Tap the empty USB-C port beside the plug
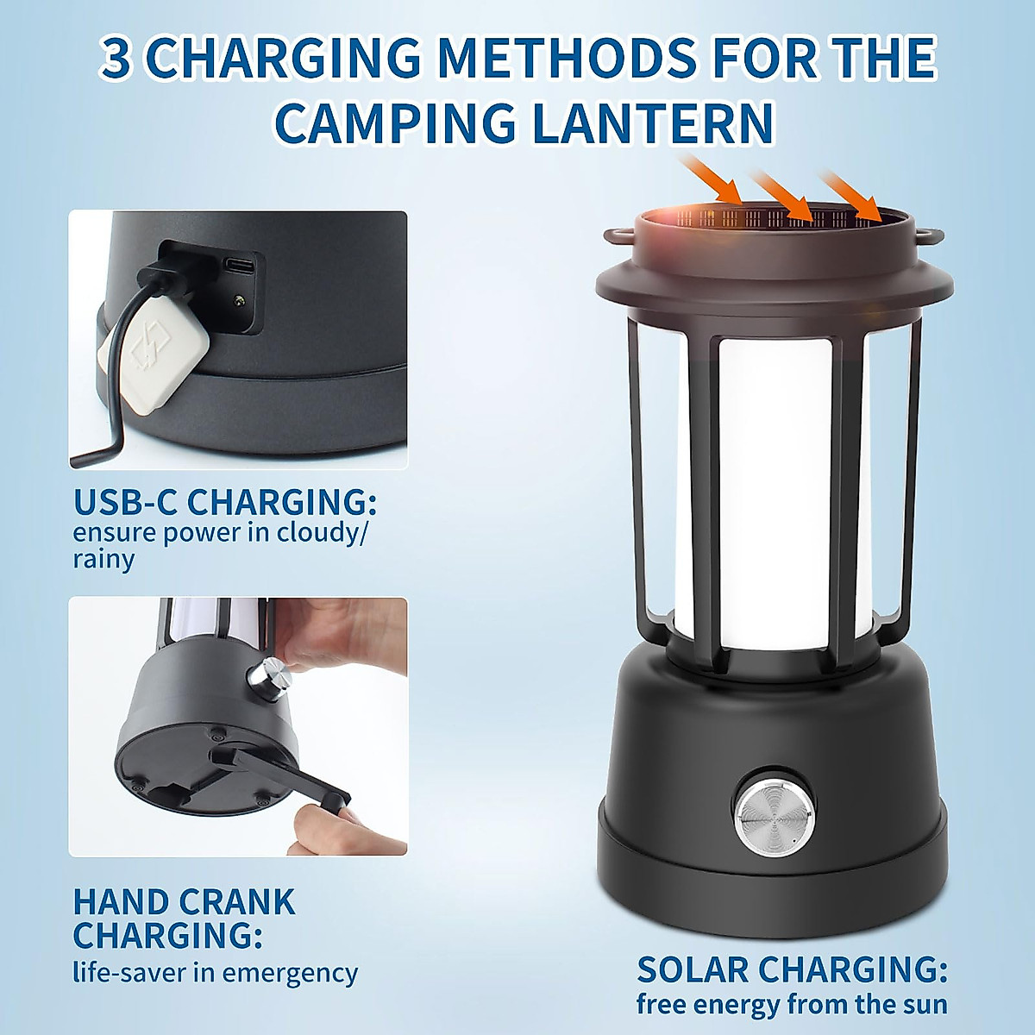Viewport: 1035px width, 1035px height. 239,266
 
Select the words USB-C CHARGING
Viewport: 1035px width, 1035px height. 224,501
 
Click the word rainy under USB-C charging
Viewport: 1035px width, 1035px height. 103,559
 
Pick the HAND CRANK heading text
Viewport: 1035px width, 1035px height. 184,902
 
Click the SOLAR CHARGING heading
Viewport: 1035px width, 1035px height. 792,969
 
